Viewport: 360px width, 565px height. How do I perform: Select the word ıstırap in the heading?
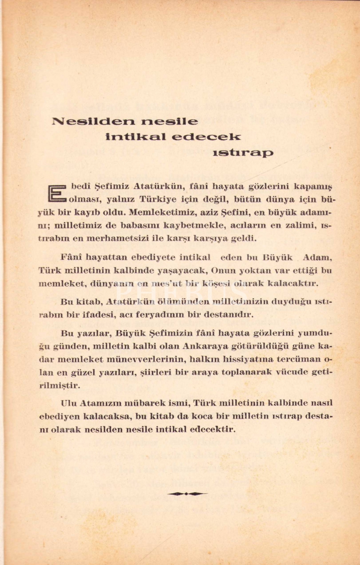click(243, 153)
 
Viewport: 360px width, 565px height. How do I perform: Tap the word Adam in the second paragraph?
click(317, 258)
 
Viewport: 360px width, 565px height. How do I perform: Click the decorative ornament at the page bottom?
click(187, 493)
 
